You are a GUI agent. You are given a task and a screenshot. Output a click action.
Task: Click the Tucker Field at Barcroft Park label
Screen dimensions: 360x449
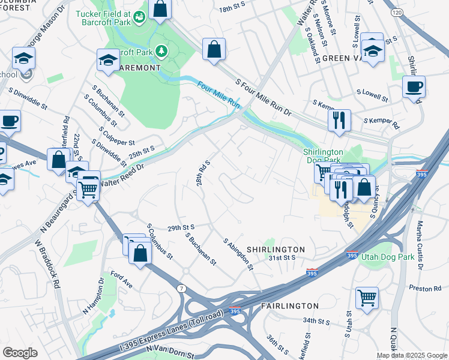tap(104, 19)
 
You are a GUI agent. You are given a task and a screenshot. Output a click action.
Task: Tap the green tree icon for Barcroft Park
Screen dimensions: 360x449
tap(161, 52)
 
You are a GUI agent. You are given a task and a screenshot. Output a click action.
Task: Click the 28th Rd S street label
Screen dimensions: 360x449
tap(202, 173)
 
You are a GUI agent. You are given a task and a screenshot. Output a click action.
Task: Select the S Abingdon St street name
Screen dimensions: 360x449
tap(238, 254)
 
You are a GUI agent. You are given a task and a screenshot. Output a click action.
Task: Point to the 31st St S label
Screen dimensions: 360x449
tap(282, 257)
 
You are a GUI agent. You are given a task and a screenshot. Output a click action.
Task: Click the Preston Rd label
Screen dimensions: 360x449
tap(429, 289)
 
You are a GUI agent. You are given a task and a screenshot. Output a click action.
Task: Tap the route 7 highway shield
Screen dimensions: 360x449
tap(180, 290)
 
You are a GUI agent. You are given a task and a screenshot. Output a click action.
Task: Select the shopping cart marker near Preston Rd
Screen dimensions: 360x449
tap(367, 297)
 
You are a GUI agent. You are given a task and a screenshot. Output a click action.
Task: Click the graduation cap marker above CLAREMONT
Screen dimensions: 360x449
tap(109, 59)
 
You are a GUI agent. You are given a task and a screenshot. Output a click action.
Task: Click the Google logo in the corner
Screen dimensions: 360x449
tap(20, 353)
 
